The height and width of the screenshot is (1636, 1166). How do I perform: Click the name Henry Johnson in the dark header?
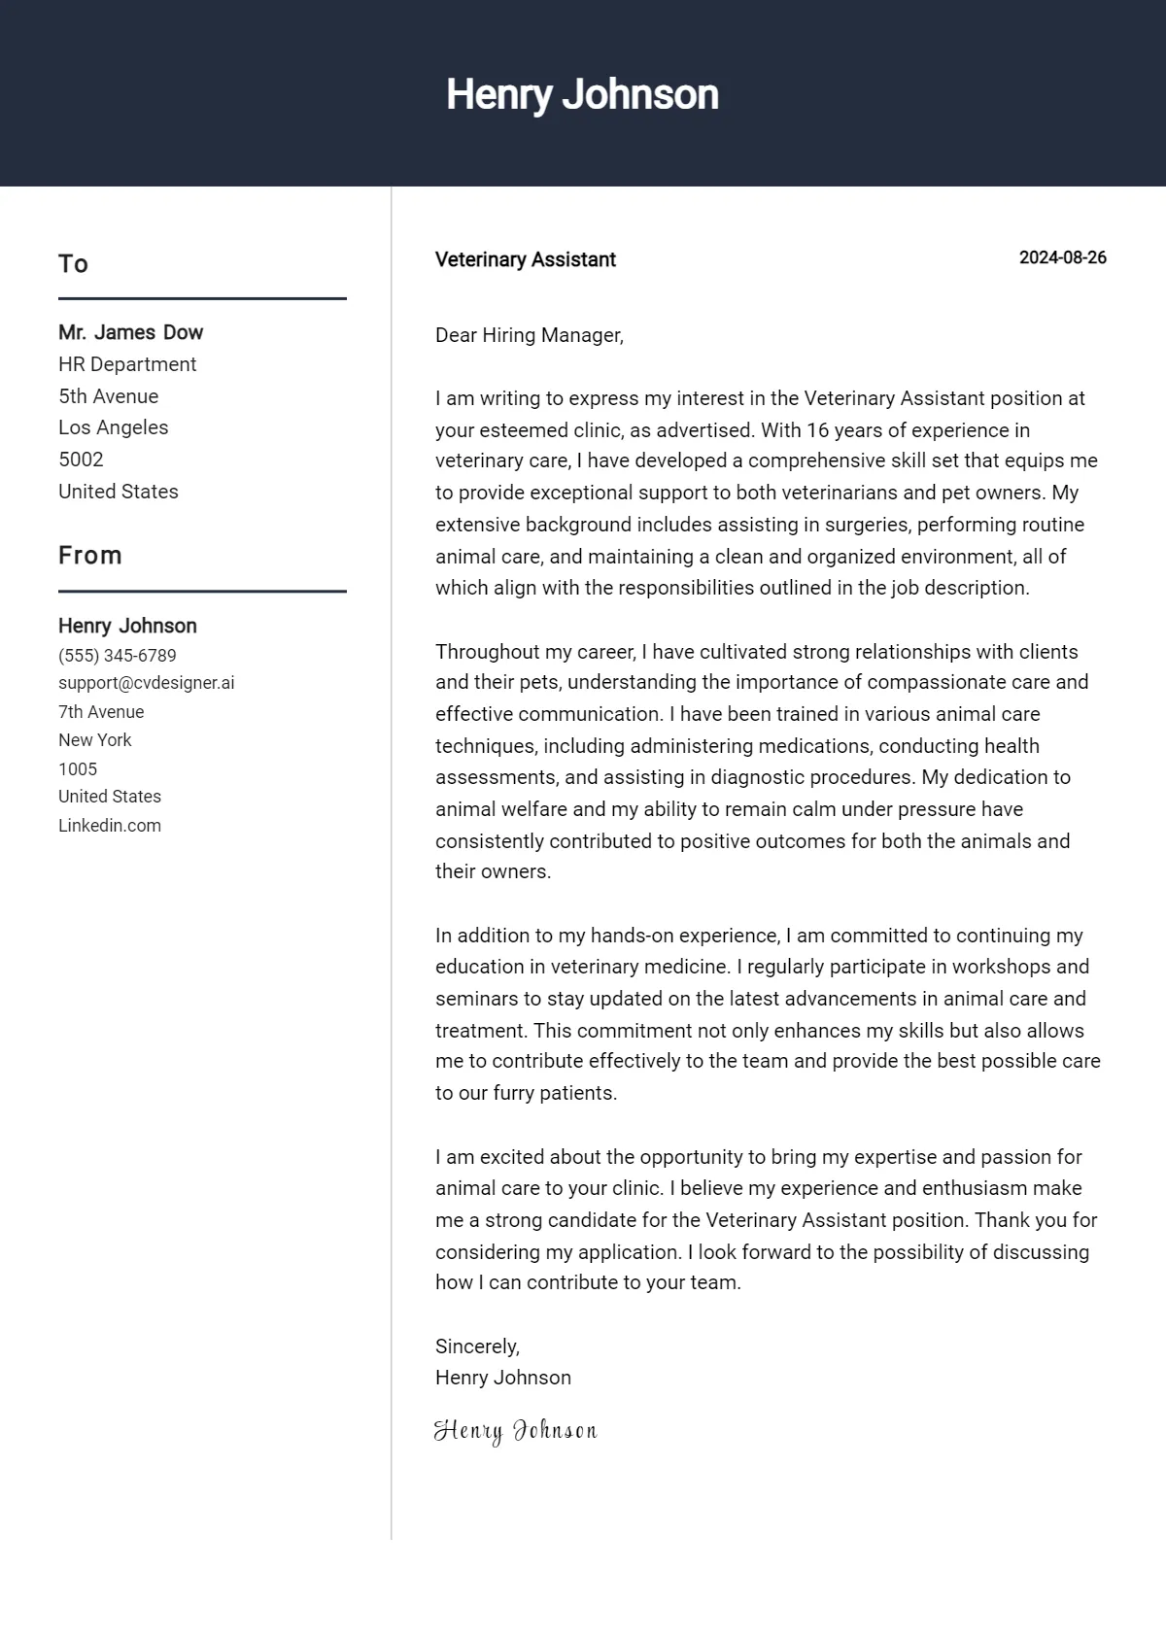click(582, 95)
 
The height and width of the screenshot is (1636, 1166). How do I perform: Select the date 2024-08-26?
click(1062, 257)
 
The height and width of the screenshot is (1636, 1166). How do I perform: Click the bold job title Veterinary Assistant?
click(525, 259)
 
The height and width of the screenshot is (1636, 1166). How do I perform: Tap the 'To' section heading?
click(73, 264)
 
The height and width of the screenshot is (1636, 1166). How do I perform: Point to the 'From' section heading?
click(90, 556)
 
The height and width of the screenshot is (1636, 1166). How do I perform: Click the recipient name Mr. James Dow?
click(130, 332)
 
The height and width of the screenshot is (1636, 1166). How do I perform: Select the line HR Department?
click(127, 364)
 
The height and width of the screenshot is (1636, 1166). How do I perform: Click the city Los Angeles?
click(113, 427)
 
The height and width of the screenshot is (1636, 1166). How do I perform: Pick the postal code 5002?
click(81, 460)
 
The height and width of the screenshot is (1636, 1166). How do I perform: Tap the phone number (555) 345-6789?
click(117, 656)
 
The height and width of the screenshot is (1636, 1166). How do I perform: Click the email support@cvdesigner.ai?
click(146, 683)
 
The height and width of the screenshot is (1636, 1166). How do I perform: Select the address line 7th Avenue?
click(101, 712)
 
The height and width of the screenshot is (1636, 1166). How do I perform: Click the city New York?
click(94, 740)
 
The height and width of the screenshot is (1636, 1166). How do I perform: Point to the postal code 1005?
click(78, 769)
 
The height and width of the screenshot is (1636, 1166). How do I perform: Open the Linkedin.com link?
click(110, 826)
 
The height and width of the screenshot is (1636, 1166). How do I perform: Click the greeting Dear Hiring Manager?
click(529, 335)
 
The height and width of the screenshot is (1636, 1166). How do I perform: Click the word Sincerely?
click(477, 1346)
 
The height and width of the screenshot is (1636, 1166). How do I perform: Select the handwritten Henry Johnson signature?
click(515, 1430)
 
